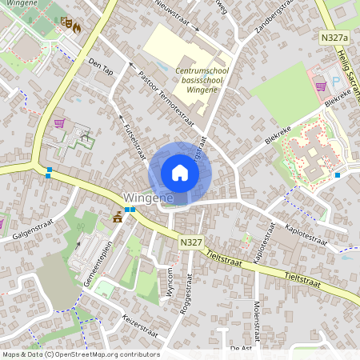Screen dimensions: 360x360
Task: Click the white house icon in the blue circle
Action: tap(180, 173)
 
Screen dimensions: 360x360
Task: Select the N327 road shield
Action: tap(190, 241)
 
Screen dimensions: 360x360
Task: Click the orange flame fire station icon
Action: tap(77, 26)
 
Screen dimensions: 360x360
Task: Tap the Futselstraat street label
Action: tap(134, 139)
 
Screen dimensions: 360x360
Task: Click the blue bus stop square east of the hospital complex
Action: tap(338, 174)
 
